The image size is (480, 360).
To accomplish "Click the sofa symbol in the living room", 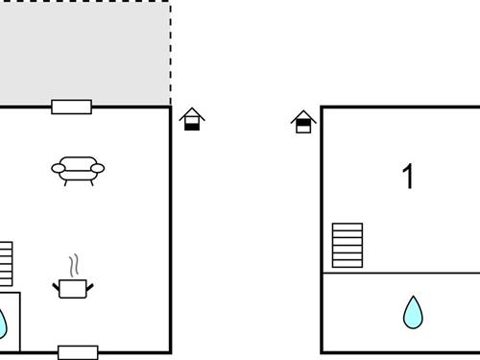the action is [77, 169].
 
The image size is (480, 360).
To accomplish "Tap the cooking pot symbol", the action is [73, 287].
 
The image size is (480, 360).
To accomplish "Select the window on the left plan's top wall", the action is [71, 107].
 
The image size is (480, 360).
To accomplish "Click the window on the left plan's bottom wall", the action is [78, 352].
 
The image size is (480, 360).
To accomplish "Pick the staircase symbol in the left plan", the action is [6, 263].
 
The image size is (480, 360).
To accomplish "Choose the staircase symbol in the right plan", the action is [348, 245].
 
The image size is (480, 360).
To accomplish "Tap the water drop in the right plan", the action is [413, 311].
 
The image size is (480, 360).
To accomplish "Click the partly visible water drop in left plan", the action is [3, 323].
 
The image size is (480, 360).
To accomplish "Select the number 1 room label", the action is [409, 177].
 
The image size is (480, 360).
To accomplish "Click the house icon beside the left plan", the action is [192, 119].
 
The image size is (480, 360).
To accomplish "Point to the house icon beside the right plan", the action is [303, 121].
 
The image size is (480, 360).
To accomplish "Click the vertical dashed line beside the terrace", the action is [171, 53].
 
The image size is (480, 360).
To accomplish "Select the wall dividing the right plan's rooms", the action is [399, 273].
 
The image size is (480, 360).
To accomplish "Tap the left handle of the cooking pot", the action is [56, 284].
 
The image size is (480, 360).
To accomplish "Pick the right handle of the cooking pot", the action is [90, 284].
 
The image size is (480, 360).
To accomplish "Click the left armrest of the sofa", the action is [57, 170].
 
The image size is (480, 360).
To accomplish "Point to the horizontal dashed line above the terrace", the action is [86, 1].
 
